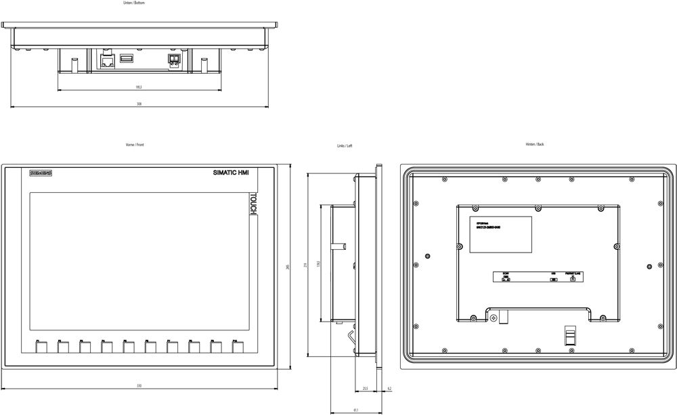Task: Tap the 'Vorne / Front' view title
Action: (x=135, y=145)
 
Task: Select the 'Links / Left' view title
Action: (x=345, y=146)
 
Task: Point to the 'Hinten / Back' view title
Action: (x=535, y=144)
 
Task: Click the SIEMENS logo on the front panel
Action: (x=41, y=174)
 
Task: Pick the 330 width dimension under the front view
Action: (x=139, y=386)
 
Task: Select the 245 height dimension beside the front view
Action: (x=288, y=268)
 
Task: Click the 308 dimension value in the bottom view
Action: (x=139, y=104)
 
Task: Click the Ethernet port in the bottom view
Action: (x=107, y=61)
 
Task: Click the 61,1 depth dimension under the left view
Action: (x=356, y=410)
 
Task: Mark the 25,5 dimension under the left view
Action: (x=365, y=389)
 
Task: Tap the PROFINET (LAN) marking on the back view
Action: (x=573, y=274)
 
